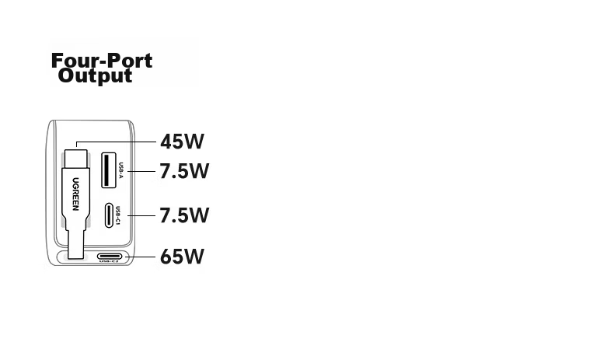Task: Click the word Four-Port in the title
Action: click(x=102, y=61)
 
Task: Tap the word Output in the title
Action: click(x=95, y=76)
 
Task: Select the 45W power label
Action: click(x=182, y=142)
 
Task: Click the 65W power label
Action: click(x=182, y=257)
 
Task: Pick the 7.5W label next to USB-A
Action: click(x=184, y=171)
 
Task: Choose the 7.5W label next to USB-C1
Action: click(x=184, y=215)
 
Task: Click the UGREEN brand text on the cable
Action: click(x=75, y=194)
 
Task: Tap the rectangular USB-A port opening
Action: click(x=109, y=170)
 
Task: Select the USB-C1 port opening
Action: click(x=110, y=215)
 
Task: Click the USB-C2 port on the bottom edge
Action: click(x=110, y=257)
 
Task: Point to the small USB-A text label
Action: click(x=121, y=170)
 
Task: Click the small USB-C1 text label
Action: click(x=118, y=215)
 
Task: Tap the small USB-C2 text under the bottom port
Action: click(x=109, y=262)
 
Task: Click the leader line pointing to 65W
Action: click(x=140, y=257)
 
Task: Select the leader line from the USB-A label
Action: click(x=141, y=171)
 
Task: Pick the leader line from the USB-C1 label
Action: click(x=141, y=215)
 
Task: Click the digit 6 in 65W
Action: click(x=166, y=257)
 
